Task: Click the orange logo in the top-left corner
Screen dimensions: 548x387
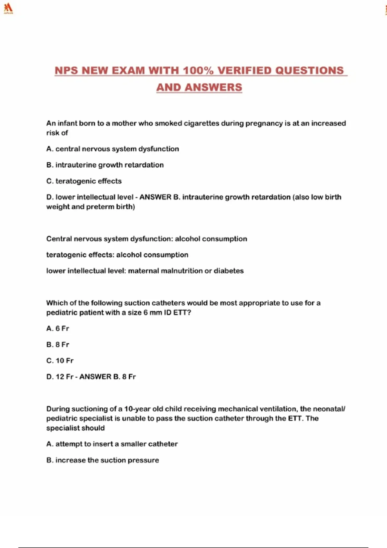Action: [8, 8]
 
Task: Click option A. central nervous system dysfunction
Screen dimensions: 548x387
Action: [113, 149]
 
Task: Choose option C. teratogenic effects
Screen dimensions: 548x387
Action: [84, 181]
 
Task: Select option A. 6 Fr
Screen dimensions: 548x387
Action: [58, 328]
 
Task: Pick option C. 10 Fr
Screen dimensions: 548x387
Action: [60, 361]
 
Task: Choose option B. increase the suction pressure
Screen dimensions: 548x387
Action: [103, 460]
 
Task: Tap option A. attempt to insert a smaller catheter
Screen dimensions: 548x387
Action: [112, 444]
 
